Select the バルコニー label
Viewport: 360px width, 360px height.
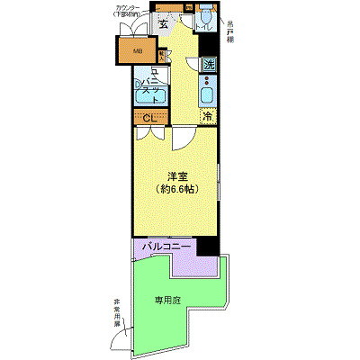click(x=166, y=245)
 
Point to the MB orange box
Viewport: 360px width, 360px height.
click(x=138, y=51)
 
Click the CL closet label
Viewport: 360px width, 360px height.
click(x=149, y=116)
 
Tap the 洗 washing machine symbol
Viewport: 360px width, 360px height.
click(x=208, y=64)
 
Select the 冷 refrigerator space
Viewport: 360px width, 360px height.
click(x=208, y=116)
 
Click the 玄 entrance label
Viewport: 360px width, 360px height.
click(x=163, y=24)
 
